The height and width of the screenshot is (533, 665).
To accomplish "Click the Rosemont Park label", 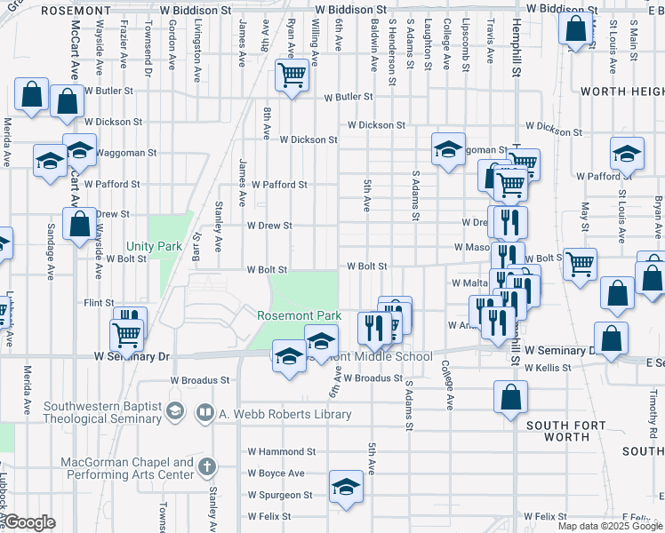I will pyautogui.click(x=299, y=315).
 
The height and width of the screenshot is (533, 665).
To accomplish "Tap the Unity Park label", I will pyautogui.click(x=154, y=245).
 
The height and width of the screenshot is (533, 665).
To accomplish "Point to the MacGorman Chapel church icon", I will pyautogui.click(x=206, y=466).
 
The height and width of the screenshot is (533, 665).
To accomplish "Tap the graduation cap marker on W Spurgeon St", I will pyautogui.click(x=346, y=487).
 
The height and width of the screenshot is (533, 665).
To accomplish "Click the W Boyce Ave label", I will pyautogui.click(x=276, y=473).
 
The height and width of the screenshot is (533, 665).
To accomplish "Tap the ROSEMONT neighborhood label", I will pyautogui.click(x=99, y=10).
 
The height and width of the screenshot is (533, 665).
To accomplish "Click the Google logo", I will pyautogui.click(x=29, y=522).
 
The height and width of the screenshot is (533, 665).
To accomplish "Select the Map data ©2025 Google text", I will pyautogui.click(x=610, y=526).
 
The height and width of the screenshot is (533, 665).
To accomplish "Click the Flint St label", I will pyautogui.click(x=99, y=303).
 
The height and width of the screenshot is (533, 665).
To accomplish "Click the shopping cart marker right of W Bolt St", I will pyautogui.click(x=580, y=263).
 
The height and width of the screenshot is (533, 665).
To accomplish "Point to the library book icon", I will pyautogui.click(x=205, y=413).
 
